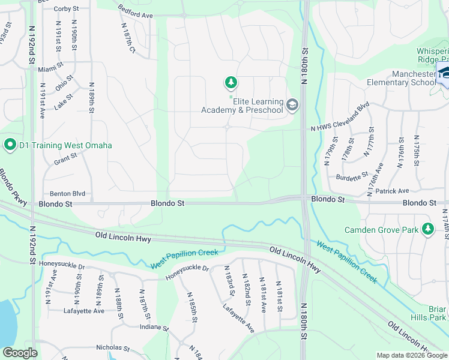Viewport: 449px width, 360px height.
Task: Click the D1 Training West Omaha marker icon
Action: pyautogui.click(x=10, y=145)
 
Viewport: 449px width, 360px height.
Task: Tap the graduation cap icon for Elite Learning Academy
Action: pyautogui.click(x=292, y=106)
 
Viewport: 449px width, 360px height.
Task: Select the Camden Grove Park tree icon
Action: pyautogui.click(x=427, y=230)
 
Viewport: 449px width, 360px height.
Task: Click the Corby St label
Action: pyautogui.click(x=66, y=9)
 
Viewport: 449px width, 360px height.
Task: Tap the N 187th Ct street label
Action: pyautogui.click(x=128, y=40)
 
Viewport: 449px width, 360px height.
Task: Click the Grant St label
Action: pyautogui.click(x=66, y=159)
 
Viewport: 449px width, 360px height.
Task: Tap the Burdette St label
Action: pyautogui.click(x=351, y=177)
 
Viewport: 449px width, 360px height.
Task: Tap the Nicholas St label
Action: pyautogui.click(x=113, y=347)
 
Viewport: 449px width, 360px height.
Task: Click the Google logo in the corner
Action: pyautogui.click(x=20, y=353)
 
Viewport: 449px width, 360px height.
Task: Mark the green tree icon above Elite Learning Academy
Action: pyautogui.click(x=230, y=82)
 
